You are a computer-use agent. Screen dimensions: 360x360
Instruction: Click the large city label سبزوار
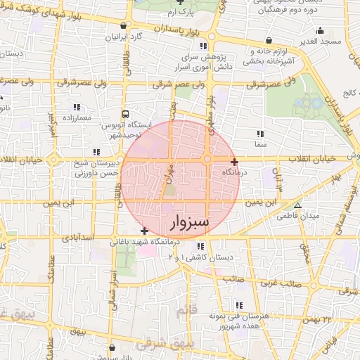click(x=190, y=224)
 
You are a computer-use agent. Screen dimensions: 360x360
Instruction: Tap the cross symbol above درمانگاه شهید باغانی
click(x=144, y=230)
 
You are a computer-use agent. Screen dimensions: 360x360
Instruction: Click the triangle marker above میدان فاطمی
click(x=297, y=205)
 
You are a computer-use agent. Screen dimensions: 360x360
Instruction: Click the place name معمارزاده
click(x=76, y=117)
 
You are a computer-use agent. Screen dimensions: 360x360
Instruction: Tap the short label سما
click(x=261, y=143)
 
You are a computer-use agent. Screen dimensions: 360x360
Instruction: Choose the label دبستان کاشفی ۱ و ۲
click(x=201, y=258)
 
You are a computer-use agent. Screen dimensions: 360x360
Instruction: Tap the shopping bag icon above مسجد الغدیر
click(x=321, y=31)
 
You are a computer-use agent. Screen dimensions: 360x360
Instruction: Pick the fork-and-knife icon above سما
click(x=261, y=133)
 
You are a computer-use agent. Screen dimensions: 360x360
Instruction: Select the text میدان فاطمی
click(x=304, y=215)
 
